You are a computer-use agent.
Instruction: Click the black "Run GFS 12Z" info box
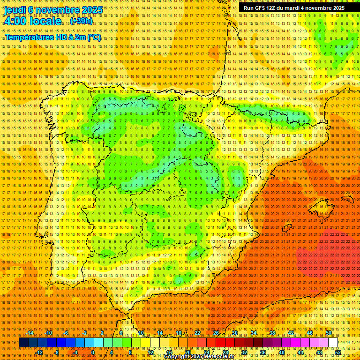[293, 8]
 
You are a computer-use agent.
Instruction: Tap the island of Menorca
[348, 200]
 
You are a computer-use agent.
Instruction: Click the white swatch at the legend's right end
[333, 343]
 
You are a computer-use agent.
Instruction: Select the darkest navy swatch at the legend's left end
[23, 343]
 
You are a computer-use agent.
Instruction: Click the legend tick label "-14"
[30, 333]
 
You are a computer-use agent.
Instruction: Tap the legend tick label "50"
[329, 333]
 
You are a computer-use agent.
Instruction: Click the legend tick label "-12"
[39, 352]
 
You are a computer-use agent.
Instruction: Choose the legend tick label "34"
[253, 333]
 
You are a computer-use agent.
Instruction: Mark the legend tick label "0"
[93, 352]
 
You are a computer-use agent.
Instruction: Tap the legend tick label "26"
[216, 333]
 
